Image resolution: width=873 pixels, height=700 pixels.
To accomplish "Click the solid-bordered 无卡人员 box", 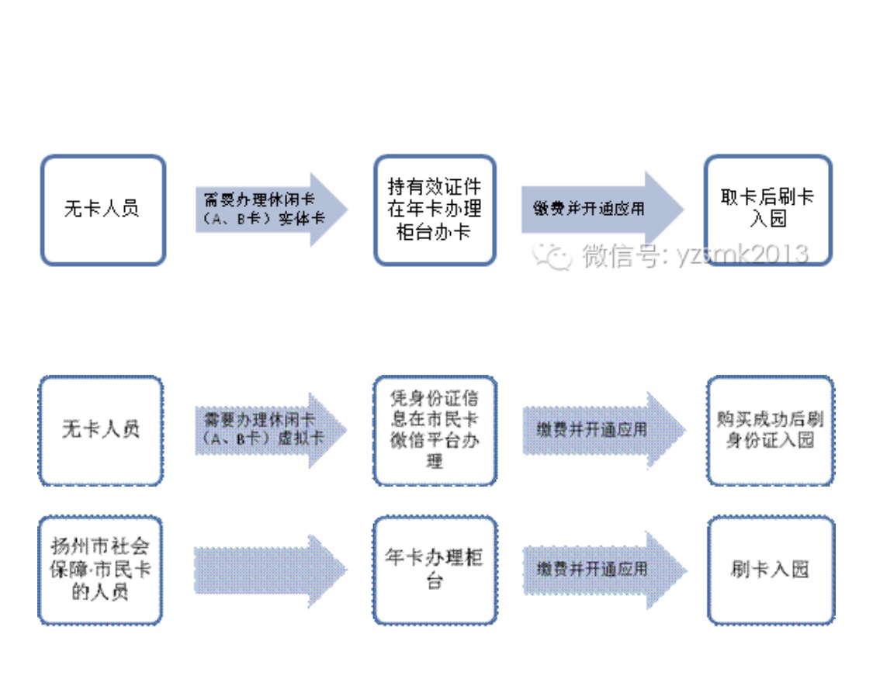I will (x=102, y=210).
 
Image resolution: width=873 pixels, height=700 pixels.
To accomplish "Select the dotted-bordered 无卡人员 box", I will (x=101, y=430).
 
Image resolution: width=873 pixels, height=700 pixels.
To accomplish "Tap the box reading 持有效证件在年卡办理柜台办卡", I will (x=435, y=210).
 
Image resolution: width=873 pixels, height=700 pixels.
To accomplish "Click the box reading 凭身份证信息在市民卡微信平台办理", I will (x=435, y=430).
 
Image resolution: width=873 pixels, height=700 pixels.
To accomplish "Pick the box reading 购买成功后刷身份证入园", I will (x=771, y=430).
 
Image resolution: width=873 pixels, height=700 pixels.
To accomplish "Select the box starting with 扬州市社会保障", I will (x=100, y=570).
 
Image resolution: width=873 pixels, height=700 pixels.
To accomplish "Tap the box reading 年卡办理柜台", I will (x=435, y=570).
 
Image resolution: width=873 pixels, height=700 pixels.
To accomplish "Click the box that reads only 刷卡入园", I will (x=771, y=570).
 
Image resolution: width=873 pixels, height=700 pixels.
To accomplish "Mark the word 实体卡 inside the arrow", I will (x=302, y=219).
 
